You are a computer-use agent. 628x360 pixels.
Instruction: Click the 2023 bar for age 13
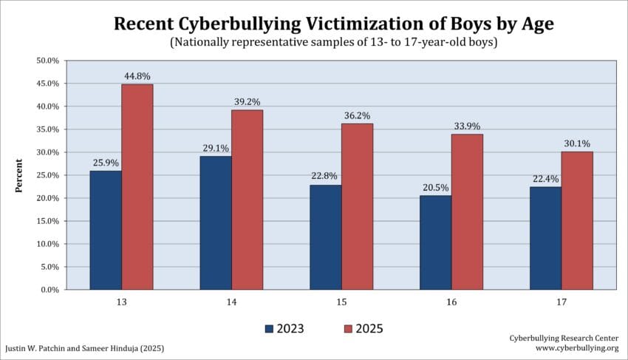click(x=106, y=230)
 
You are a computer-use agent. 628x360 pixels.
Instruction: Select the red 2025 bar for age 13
click(x=137, y=186)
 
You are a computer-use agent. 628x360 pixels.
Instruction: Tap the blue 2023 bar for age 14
click(x=216, y=223)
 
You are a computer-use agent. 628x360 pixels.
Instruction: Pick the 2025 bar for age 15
click(x=357, y=206)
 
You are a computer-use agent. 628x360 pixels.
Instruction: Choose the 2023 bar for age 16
click(x=435, y=242)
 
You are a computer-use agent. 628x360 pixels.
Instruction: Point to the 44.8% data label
click(x=137, y=77)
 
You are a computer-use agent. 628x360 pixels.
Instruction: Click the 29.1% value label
click(x=216, y=148)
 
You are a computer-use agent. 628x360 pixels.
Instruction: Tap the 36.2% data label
click(x=357, y=115)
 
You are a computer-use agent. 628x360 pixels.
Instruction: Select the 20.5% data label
click(x=435, y=188)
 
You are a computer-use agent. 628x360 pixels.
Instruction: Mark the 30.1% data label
click(x=576, y=143)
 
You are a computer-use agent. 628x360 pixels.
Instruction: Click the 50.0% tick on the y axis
click(x=47, y=61)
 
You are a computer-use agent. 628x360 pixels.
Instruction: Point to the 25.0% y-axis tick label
click(x=47, y=175)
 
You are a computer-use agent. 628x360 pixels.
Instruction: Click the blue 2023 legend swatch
click(x=269, y=327)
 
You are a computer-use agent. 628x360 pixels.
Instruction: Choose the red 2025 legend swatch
click(x=349, y=327)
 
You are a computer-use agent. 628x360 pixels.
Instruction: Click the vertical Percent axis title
click(x=20, y=175)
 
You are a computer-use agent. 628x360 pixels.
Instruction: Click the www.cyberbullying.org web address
click(x=576, y=347)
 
